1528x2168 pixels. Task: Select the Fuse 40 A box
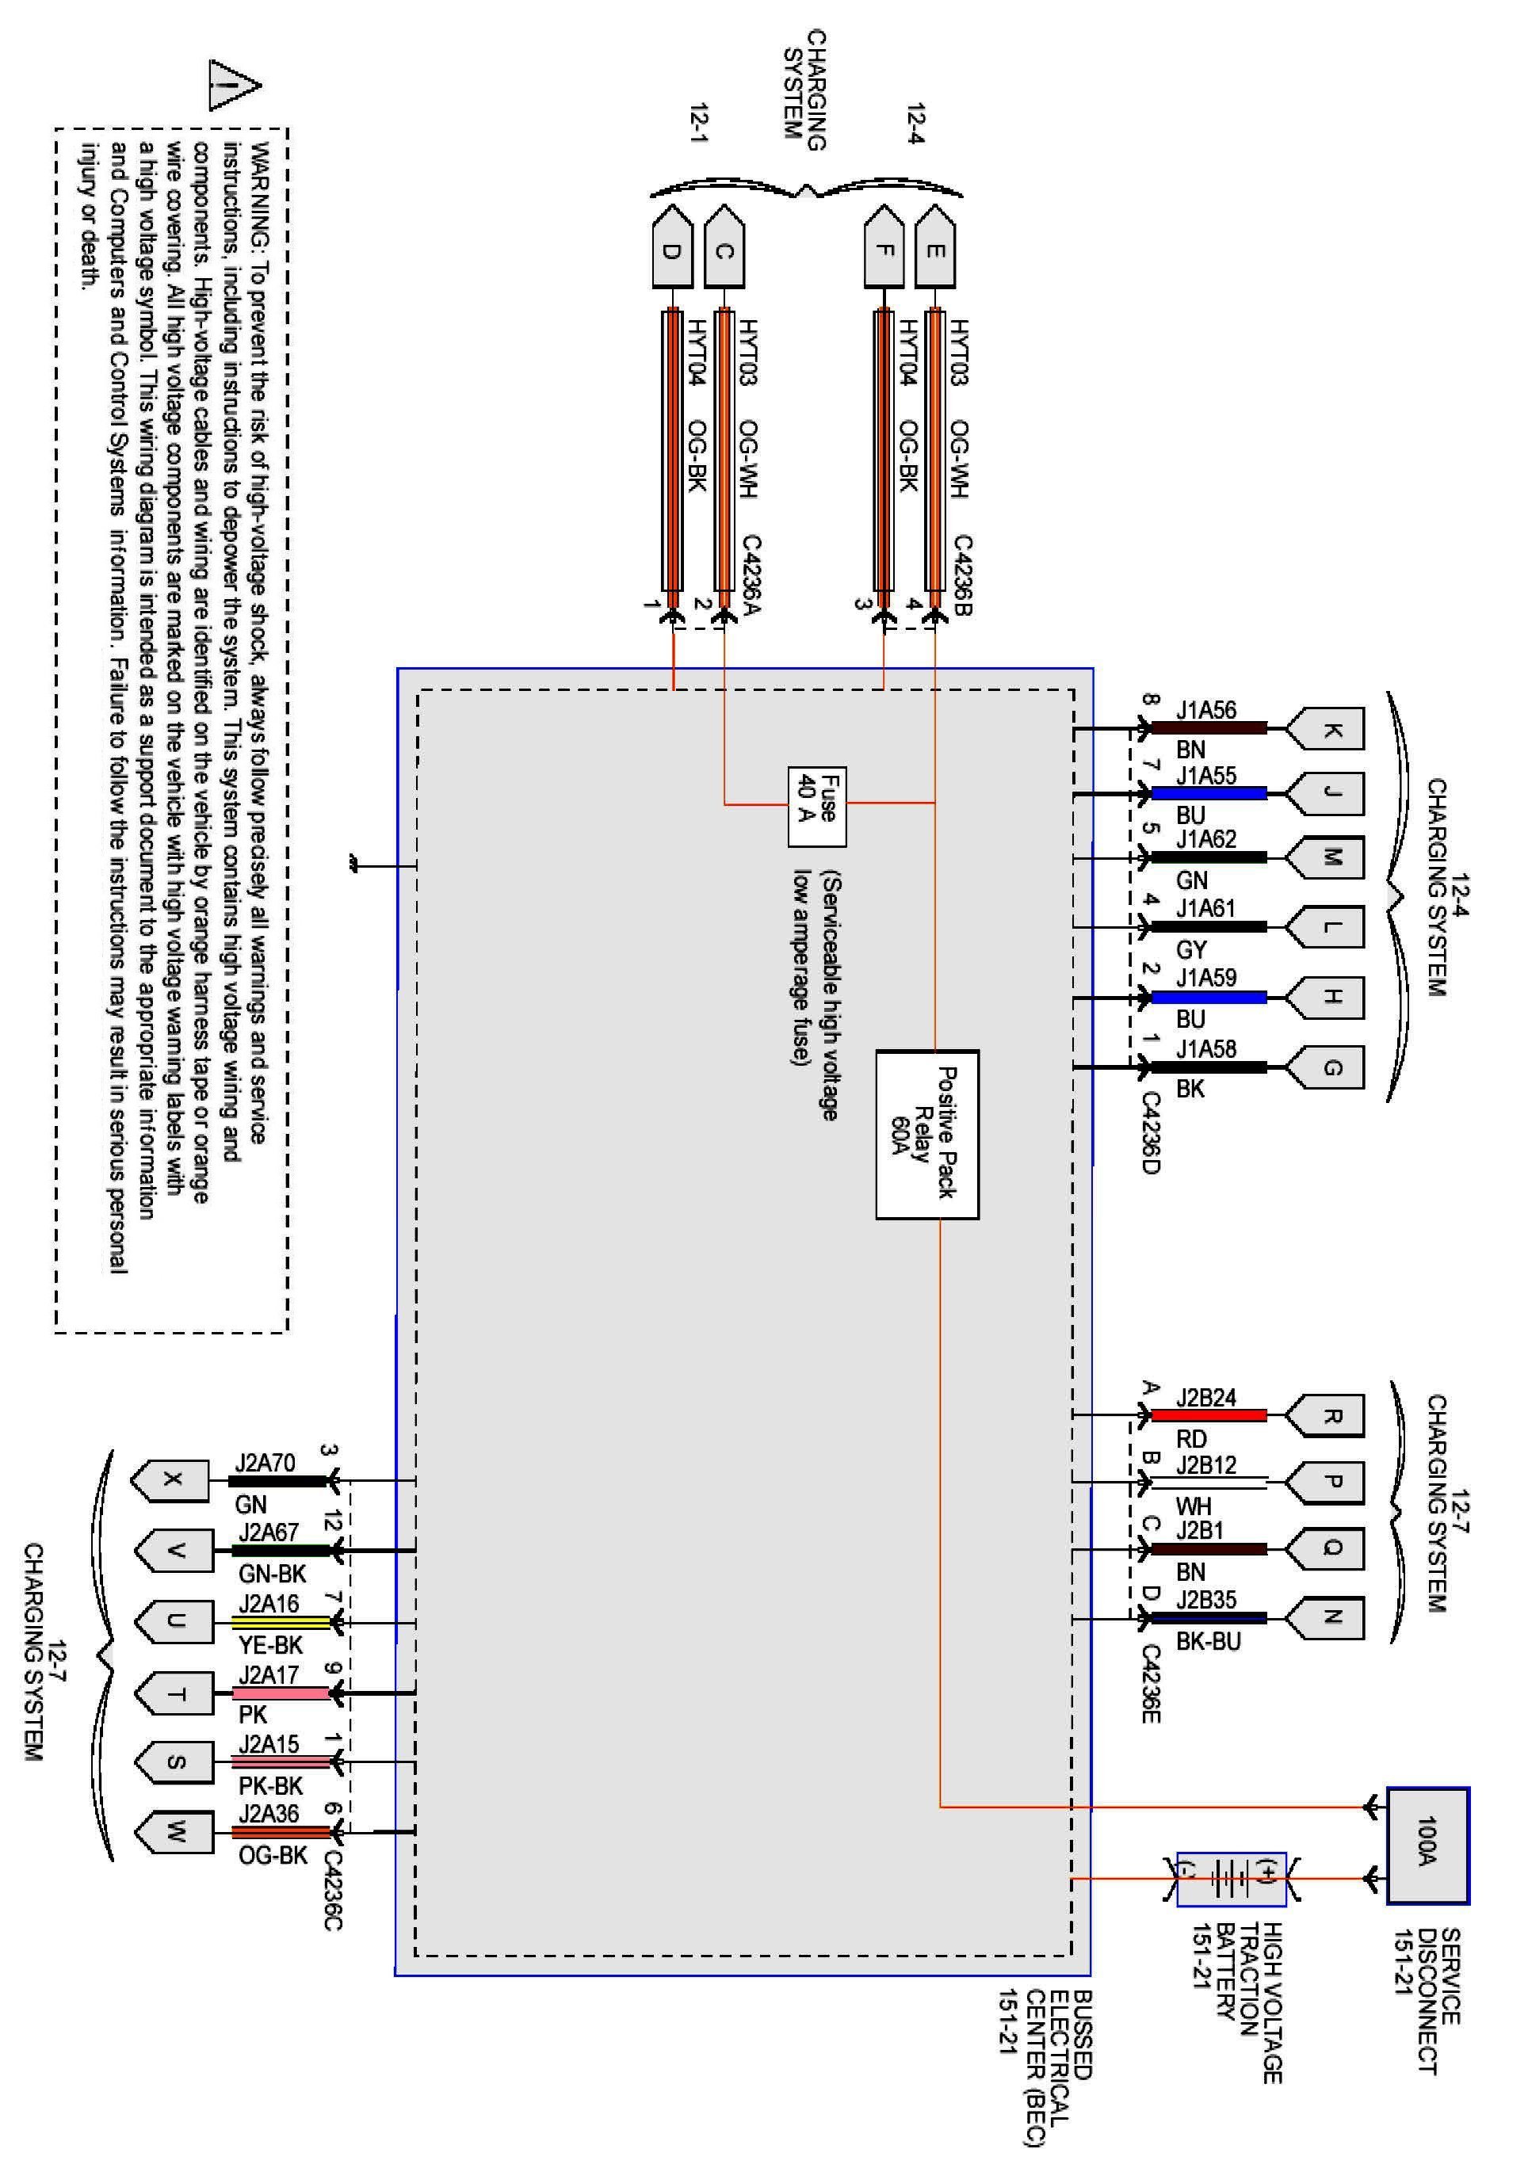[817, 807]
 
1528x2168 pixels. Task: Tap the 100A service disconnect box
[1427, 1844]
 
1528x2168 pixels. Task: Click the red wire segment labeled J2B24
[1208, 1414]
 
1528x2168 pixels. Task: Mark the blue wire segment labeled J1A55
[1208, 793]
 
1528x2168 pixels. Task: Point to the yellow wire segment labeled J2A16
[281, 1622]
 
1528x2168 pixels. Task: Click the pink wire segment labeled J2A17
[281, 1693]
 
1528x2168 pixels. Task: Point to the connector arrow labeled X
[171, 1479]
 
